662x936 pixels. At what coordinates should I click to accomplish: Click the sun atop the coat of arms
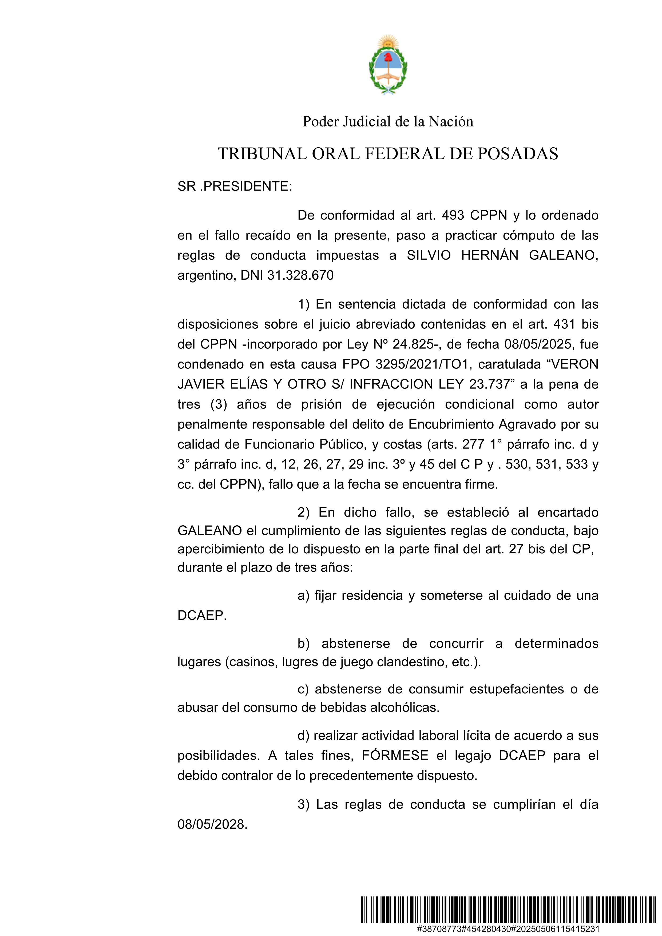388,42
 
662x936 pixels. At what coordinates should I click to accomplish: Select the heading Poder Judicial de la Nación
388,121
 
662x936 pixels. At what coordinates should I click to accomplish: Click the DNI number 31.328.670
300,275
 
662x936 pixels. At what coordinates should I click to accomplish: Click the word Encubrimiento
452,424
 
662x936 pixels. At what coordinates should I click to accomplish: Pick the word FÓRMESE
395,755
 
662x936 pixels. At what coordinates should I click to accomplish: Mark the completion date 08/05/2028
212,824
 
